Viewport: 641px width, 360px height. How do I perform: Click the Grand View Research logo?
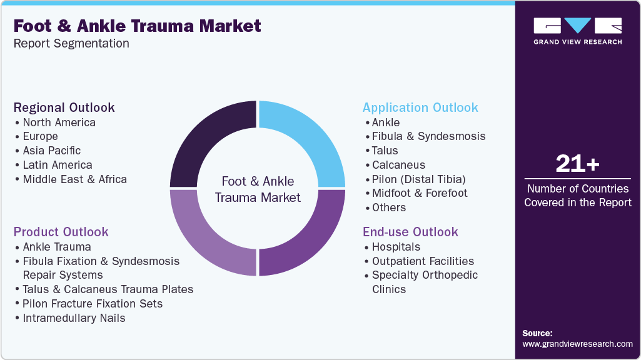(577, 31)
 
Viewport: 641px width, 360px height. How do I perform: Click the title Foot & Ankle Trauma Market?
(138, 26)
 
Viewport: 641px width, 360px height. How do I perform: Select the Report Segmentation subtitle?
(71, 44)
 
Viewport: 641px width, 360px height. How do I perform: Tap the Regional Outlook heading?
(64, 107)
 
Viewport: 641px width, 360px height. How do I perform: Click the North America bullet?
(59, 122)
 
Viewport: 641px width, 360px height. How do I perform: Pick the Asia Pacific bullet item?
(51, 151)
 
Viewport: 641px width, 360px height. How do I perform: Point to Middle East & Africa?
(74, 179)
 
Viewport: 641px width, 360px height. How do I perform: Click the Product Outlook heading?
(61, 232)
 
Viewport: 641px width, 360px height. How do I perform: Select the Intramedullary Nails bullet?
(74, 318)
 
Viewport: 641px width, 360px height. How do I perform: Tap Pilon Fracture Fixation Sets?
(93, 304)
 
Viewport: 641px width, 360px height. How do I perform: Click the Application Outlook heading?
(420, 107)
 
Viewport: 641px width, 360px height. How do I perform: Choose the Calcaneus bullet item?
(398, 165)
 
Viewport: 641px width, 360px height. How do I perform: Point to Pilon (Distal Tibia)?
(418, 179)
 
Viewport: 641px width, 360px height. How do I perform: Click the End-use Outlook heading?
(410, 232)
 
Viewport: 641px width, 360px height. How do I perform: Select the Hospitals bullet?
(396, 247)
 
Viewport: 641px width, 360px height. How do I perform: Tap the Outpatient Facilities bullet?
(423, 261)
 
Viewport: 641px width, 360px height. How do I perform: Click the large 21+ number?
(577, 164)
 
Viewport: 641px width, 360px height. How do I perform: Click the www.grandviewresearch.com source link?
(577, 344)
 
